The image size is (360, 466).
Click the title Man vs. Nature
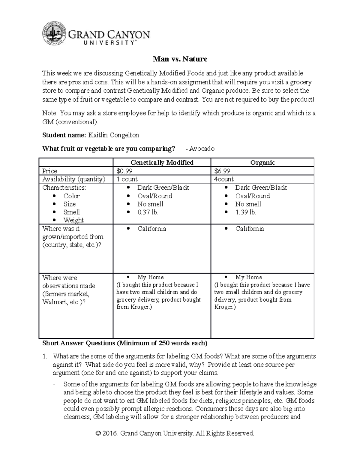(180, 59)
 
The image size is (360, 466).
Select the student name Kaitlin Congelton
(113, 135)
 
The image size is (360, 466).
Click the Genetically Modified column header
(162, 163)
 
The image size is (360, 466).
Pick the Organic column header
(262, 163)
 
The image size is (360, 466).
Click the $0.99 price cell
(124, 171)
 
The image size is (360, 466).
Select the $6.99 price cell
(222, 171)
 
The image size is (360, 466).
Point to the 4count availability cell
(224, 179)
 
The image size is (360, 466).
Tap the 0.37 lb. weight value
(148, 212)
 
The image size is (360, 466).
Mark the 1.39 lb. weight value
(246, 212)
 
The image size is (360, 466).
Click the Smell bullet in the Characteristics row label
(71, 212)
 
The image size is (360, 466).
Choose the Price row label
(50, 171)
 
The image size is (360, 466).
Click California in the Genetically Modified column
(151, 229)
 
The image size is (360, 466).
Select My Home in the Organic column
(249, 277)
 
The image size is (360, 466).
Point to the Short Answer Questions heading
(125, 343)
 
